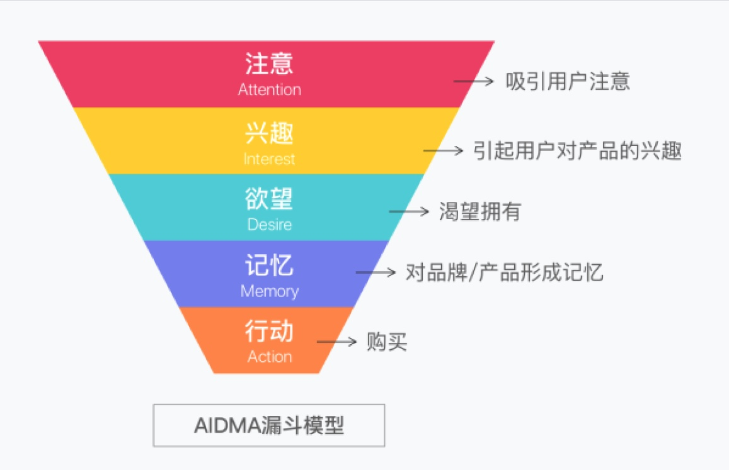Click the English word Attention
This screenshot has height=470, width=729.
[270, 89]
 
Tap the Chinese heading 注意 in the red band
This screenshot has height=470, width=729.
[269, 63]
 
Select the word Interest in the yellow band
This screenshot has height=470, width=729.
[269, 159]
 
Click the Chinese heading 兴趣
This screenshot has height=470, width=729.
[269, 133]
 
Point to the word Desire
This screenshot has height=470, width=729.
[270, 225]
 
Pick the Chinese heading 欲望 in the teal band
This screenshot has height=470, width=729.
[269, 199]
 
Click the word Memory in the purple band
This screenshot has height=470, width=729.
[270, 291]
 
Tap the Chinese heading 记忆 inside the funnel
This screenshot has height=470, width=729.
[269, 265]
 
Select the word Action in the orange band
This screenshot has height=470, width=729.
[270, 357]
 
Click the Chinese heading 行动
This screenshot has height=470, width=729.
[269, 331]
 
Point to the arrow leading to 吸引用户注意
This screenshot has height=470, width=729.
[473, 81]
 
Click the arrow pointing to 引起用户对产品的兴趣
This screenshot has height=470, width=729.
[443, 150]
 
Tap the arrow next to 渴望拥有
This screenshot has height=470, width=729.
[409, 212]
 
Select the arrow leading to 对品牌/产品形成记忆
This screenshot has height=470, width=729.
[376, 272]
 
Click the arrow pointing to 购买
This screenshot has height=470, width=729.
[336, 342]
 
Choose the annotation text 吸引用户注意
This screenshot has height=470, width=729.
[568, 81]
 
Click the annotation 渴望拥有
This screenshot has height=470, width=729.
[479, 212]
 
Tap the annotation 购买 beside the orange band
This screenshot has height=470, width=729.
[387, 342]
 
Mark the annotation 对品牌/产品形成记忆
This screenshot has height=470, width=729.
[505, 272]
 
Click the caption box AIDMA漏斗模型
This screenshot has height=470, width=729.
[268, 425]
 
